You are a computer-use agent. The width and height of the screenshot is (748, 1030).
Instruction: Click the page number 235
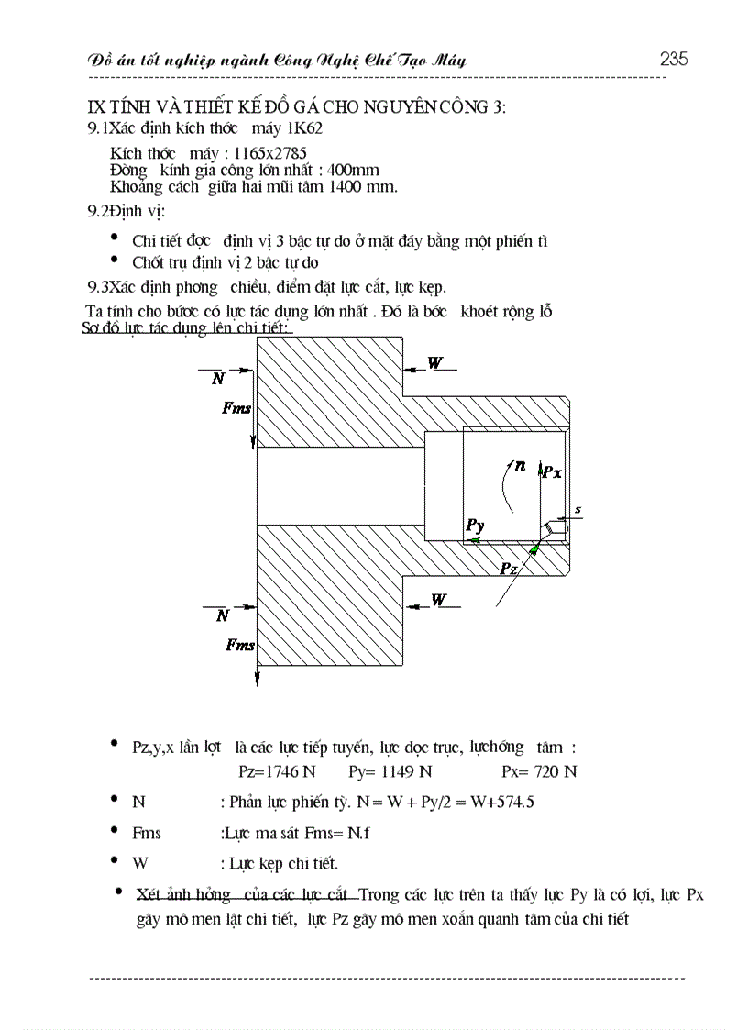(674, 60)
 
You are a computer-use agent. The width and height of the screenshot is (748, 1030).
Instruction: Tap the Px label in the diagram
(552, 472)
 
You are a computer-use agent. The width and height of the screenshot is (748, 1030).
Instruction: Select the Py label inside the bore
(475, 526)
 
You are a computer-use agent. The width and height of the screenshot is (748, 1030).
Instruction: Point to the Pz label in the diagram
(510, 569)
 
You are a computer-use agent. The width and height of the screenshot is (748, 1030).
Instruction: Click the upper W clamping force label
(435, 363)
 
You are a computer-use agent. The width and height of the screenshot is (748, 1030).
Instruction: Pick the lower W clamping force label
(440, 600)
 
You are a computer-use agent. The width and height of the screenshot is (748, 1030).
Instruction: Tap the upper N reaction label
(217, 378)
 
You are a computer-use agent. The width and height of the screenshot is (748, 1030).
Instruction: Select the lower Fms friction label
(240, 646)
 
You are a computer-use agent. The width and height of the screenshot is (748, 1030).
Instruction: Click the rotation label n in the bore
(520, 466)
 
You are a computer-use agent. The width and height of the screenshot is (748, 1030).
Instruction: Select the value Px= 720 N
(540, 771)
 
